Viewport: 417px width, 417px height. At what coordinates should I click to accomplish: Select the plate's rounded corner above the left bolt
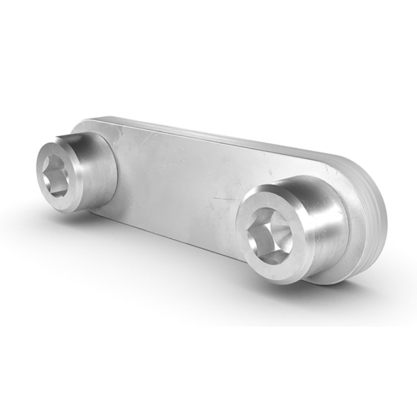pyautogui.click(x=87, y=125)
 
